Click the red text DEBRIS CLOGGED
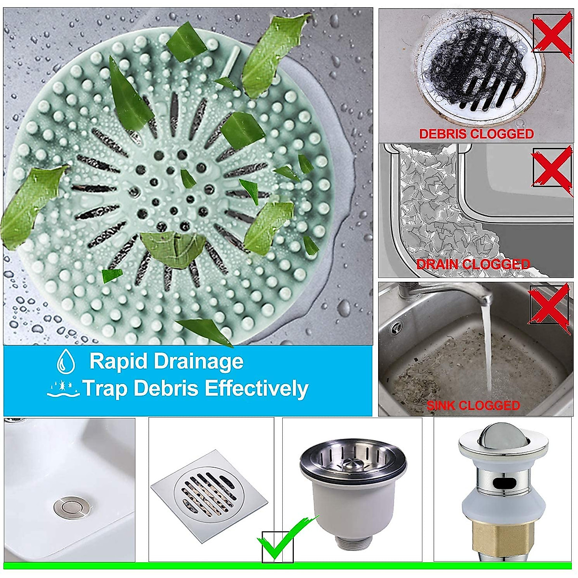tap(476, 134)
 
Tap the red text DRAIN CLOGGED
tap(473, 264)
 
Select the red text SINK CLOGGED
tap(473, 406)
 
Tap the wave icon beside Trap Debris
tap(64, 389)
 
